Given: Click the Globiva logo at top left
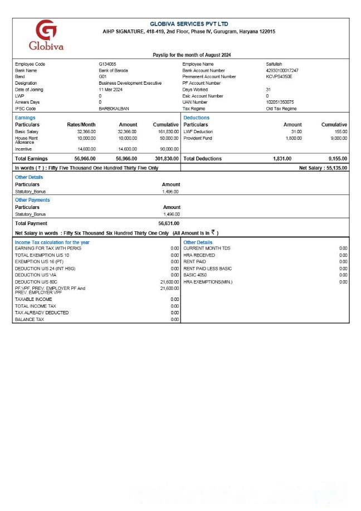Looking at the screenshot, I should coord(46,35).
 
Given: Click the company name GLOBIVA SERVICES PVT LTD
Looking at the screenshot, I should coord(189,25).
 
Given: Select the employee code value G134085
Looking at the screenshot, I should coord(108,64).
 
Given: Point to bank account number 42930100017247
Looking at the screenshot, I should coord(282,71).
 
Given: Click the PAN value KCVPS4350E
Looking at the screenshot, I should coord(279,77).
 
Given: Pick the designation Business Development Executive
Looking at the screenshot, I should coord(130,83).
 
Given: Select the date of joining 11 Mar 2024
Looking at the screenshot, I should coord(110,90).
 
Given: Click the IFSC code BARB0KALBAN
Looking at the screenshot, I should coord(114,109).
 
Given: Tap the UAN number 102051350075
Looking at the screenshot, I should coord(280,102).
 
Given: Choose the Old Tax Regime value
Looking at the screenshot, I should coord(281,109).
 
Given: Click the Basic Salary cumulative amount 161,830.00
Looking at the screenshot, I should coord(167,132).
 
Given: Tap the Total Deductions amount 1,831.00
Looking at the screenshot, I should coord(282,159).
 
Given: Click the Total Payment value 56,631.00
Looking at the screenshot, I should coord(169,223).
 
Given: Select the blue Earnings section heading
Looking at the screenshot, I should coord(25,118).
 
